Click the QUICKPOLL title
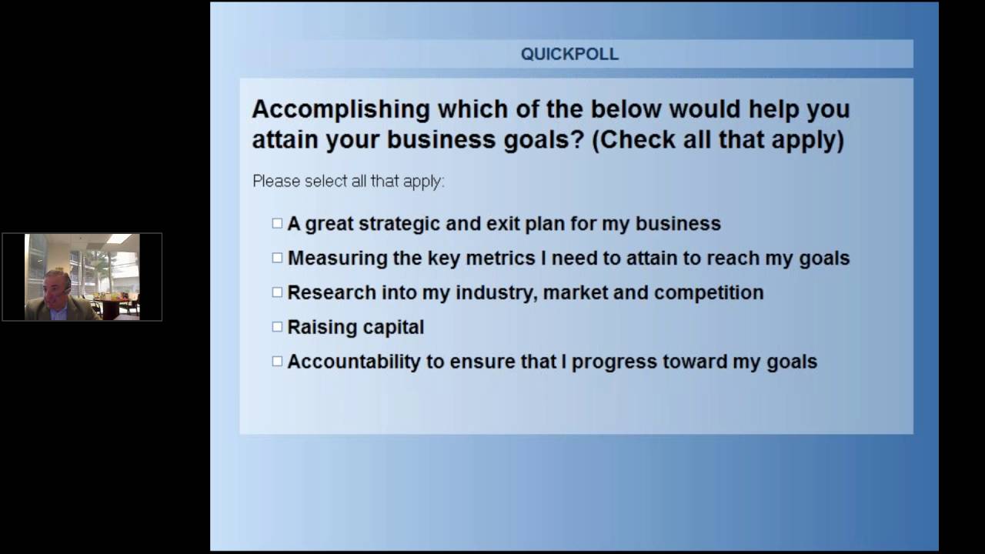pos(569,55)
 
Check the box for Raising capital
pos(277,327)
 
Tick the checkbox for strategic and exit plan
pos(277,223)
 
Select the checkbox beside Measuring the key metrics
pos(277,258)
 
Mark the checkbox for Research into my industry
pos(277,292)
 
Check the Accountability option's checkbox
pos(277,362)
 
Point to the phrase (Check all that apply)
pos(717,141)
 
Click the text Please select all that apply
pos(348,182)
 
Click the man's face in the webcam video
pos(55,289)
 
